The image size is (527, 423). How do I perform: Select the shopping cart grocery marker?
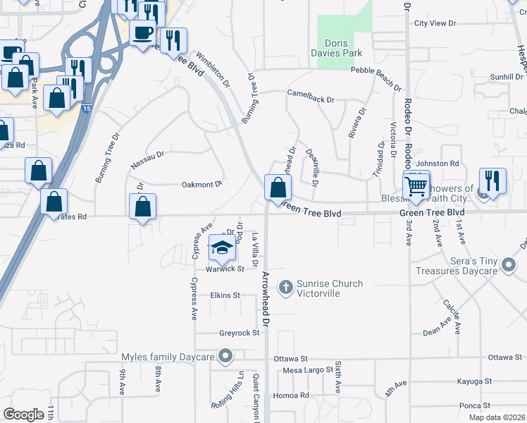point(416,186)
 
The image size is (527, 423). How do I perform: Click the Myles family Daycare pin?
point(225,357)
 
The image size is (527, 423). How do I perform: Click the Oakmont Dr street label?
point(202,184)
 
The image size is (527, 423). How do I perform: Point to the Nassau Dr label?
point(147,159)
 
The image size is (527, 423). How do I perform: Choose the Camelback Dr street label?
point(310,96)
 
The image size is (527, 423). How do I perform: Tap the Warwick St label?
point(225,269)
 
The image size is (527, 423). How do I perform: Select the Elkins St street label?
point(226,295)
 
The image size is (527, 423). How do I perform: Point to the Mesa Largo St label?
point(307,370)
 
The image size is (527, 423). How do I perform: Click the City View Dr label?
point(436,23)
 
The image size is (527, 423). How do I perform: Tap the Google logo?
point(24,415)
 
